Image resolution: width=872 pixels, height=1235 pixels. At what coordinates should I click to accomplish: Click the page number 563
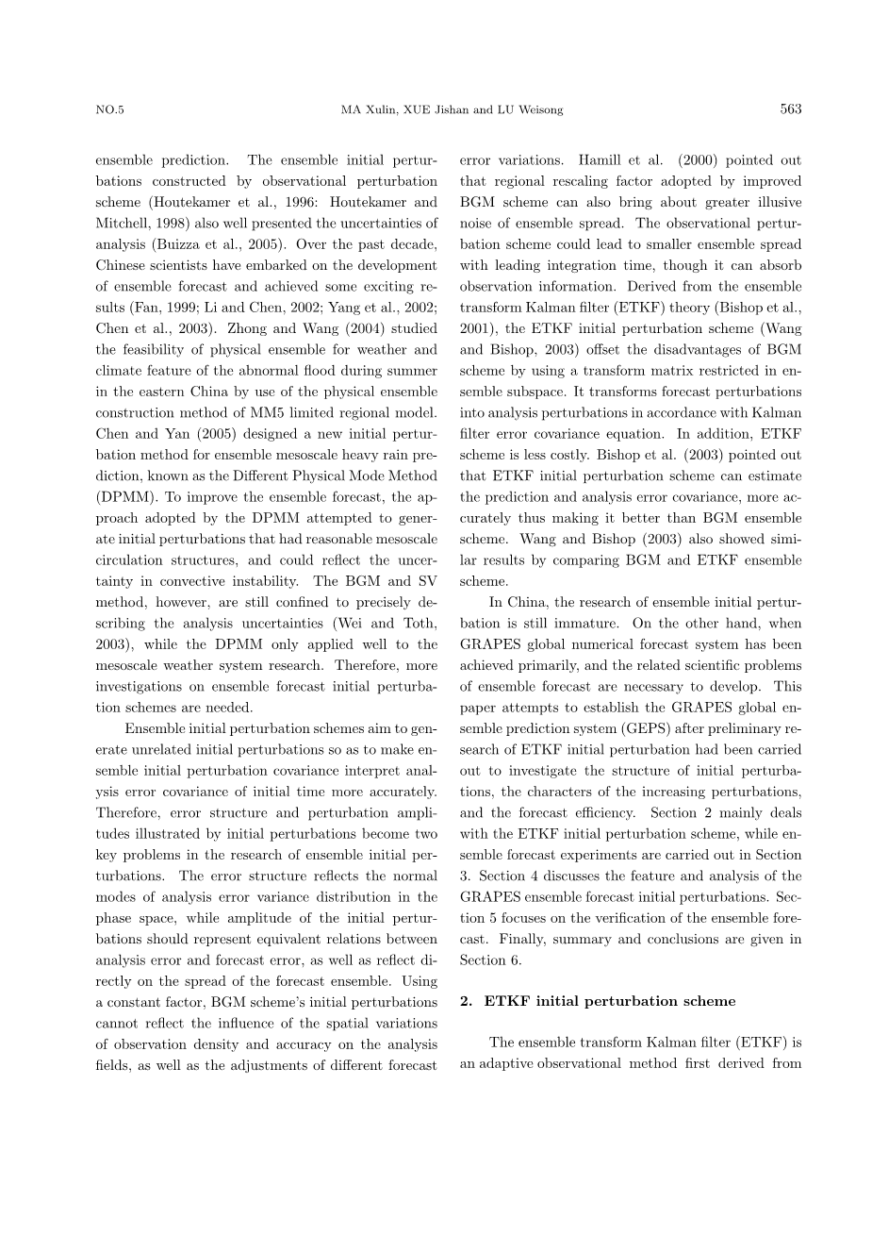pyautogui.click(x=791, y=109)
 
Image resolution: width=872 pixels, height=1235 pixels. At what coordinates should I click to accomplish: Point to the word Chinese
pyautogui.click(x=120, y=265)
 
